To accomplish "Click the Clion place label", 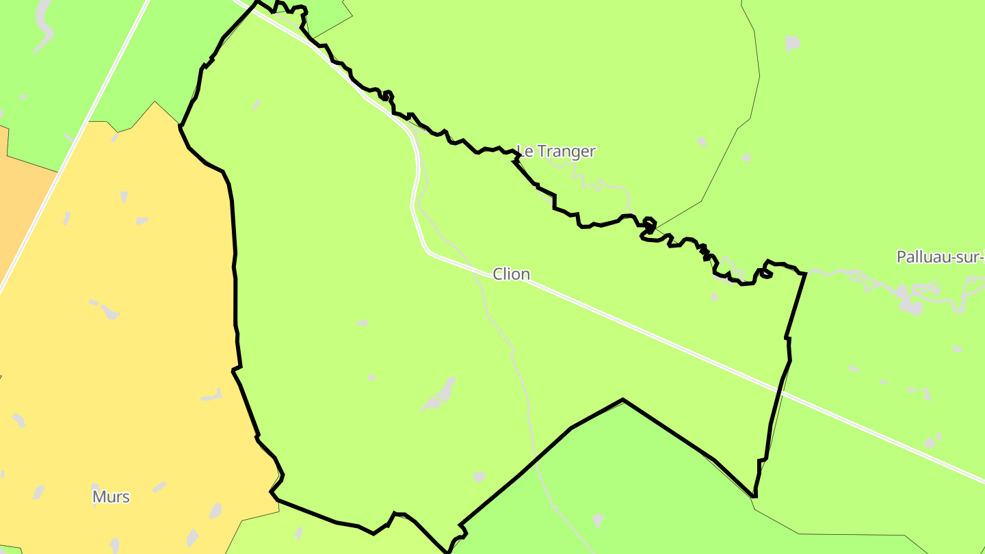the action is tap(511, 274).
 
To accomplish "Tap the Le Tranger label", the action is tap(556, 151).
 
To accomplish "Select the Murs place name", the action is tap(111, 497).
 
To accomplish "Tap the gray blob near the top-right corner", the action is tap(792, 44).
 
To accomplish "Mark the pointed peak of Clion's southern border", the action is tap(622, 400).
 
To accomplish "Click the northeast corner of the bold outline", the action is tap(806, 273).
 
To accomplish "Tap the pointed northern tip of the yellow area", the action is tap(155, 102).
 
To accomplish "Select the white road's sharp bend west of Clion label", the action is tap(428, 252).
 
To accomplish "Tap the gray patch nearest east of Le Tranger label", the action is tap(701, 142).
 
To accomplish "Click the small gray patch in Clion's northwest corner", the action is tap(257, 105).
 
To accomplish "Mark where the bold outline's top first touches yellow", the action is tap(180, 126).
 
